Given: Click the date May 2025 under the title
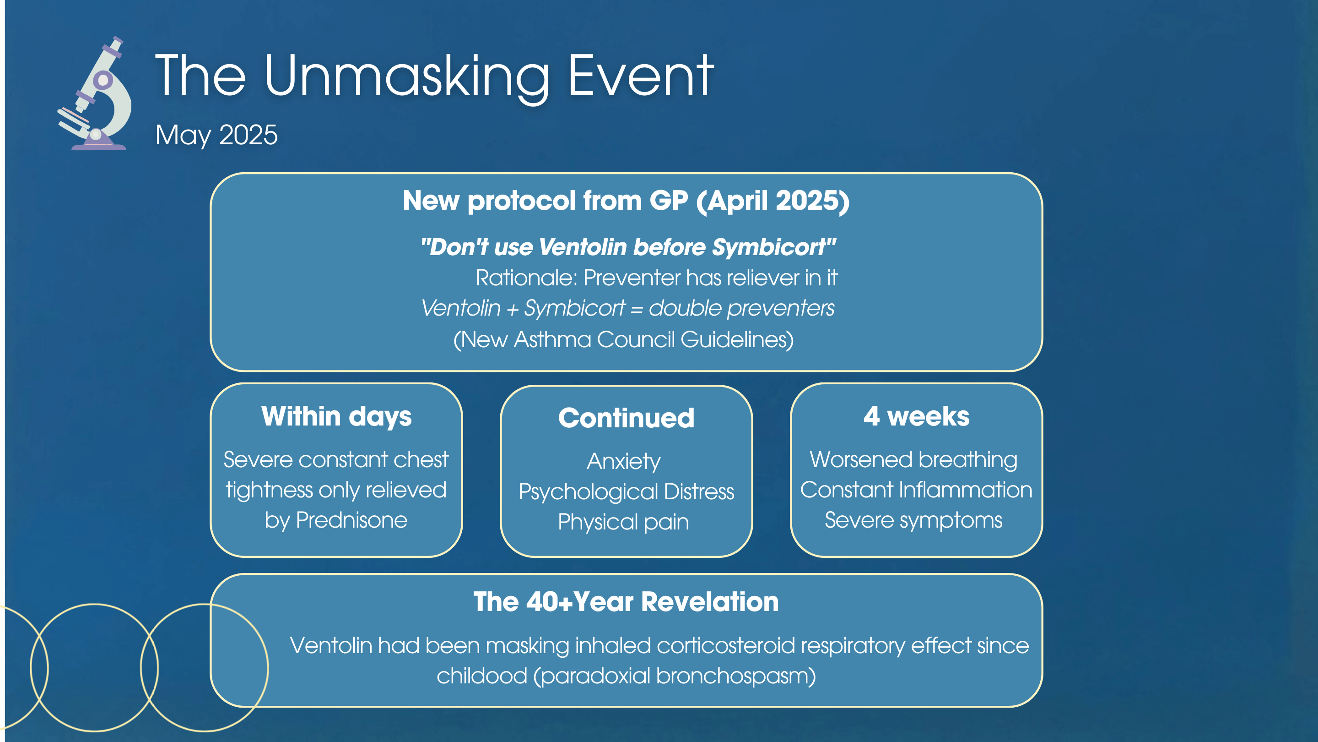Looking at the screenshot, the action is click(x=216, y=135).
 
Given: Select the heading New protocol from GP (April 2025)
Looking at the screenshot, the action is click(x=626, y=200).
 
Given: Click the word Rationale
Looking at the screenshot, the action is click(x=526, y=278).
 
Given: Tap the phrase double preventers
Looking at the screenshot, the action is click(x=741, y=308).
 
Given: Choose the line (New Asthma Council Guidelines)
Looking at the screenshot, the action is click(x=624, y=339).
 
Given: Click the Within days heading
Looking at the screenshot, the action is click(x=336, y=416).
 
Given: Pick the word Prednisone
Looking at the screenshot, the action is click(x=351, y=520).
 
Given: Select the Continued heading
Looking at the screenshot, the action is click(x=626, y=418).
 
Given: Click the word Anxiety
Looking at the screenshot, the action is click(x=624, y=461).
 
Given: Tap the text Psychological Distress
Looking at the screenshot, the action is click(x=626, y=491).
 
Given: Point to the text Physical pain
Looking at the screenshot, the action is click(x=623, y=522).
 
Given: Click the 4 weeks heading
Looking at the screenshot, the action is click(x=916, y=416).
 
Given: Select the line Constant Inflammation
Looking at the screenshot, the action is click(x=916, y=490).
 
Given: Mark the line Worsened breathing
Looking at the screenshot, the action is click(x=913, y=459).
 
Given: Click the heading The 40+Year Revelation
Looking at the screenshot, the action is click(x=626, y=601).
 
